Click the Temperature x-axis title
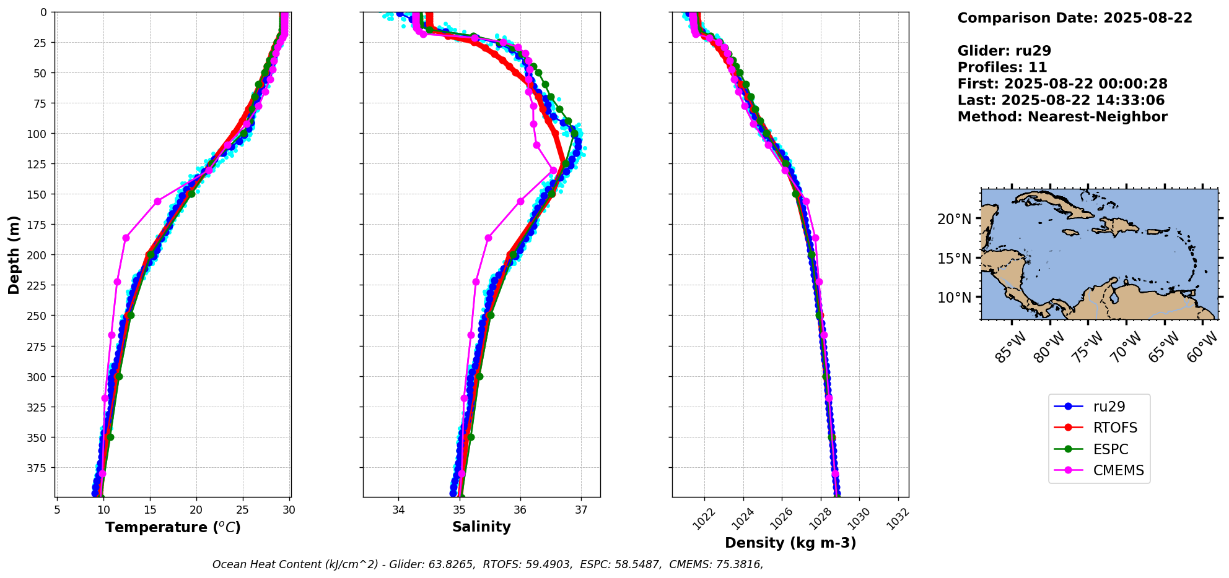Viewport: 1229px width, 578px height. coord(173,528)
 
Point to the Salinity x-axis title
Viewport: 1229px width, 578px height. coord(481,527)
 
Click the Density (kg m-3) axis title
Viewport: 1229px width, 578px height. coord(790,543)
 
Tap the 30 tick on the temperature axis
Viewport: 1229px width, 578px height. coord(289,510)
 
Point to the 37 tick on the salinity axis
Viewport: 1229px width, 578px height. coord(580,510)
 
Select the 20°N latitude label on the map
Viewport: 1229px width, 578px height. coord(954,219)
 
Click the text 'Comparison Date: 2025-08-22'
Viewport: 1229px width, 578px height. coord(1075,18)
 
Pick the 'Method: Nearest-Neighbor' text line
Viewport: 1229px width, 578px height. coord(1062,117)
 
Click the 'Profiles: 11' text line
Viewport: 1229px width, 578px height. coord(1002,67)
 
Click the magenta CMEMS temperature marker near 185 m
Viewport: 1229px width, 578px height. coord(126,238)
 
